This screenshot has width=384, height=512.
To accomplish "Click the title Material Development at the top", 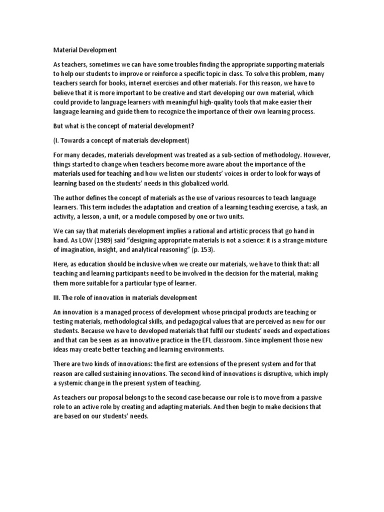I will point(85,50).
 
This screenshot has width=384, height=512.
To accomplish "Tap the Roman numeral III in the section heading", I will point(56,298).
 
